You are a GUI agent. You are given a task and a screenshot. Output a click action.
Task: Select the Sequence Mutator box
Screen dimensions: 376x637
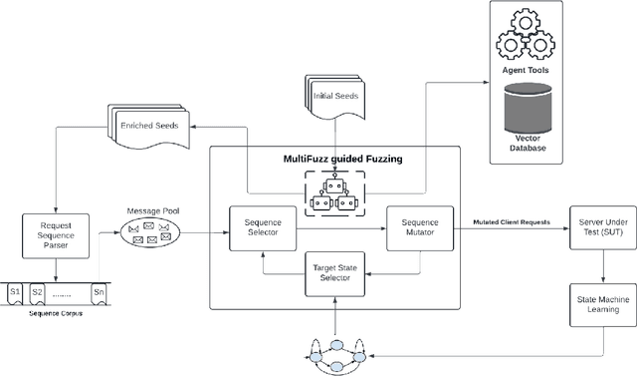point(420,228)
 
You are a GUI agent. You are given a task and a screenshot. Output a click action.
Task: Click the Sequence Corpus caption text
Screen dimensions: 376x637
point(57,315)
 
